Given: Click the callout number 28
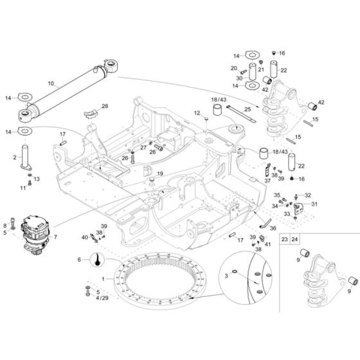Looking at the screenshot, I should [105, 106].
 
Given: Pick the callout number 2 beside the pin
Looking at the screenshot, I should [14, 156].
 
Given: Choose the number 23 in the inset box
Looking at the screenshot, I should [284, 239].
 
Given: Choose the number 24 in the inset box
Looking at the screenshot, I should [295, 239].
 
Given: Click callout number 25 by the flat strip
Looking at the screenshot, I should [246, 111].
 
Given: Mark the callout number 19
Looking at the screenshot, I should [161, 174].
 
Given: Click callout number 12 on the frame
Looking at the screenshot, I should [197, 113].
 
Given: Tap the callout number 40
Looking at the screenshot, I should [84, 237].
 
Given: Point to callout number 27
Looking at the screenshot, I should [143, 148].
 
